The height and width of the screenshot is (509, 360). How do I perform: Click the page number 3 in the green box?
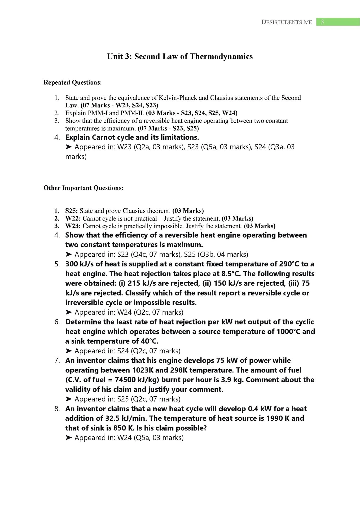click(322, 22)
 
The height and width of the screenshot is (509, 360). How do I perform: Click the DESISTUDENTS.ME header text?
click(287, 22)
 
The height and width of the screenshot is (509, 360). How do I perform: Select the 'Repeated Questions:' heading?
click(73, 82)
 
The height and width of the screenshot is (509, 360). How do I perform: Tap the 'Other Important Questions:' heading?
click(84, 188)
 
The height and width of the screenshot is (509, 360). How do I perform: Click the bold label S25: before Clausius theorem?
click(72, 211)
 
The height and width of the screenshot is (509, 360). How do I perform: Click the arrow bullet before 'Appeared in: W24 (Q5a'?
click(69, 438)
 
